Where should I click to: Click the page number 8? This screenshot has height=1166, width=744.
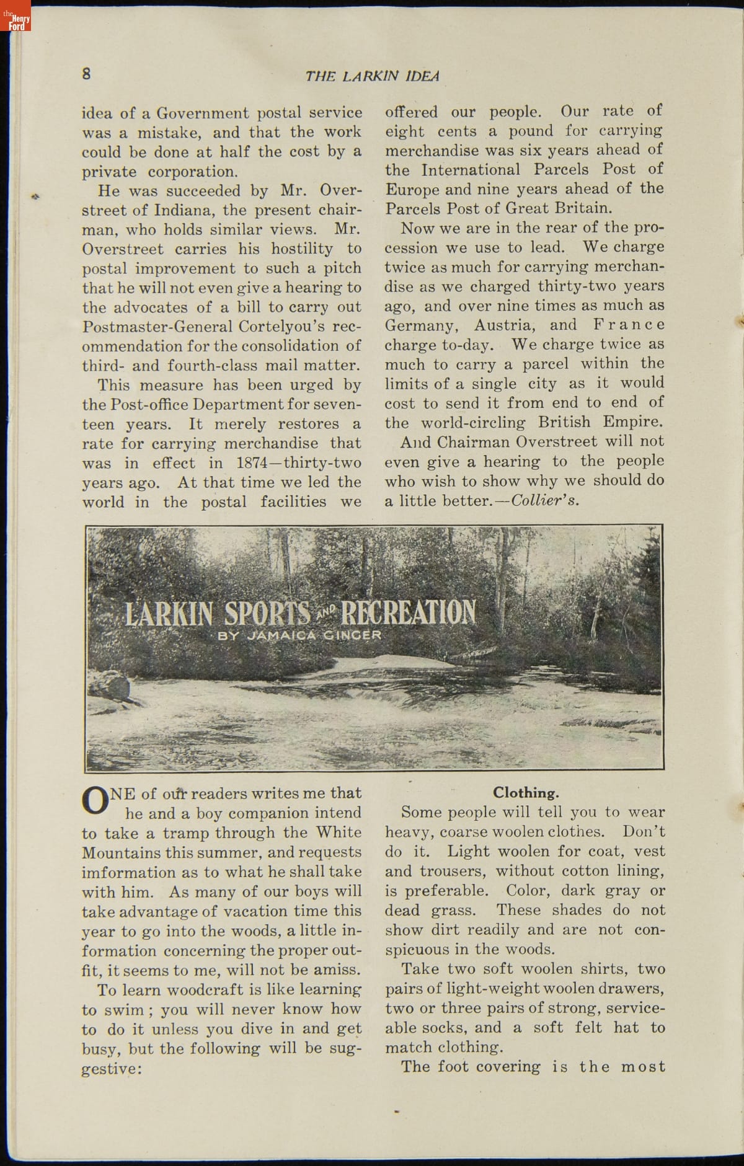tap(87, 73)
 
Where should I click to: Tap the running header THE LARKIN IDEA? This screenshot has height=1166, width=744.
tap(372, 76)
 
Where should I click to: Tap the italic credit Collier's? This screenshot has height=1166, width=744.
tap(546, 500)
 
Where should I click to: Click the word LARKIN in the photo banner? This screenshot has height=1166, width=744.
tap(169, 612)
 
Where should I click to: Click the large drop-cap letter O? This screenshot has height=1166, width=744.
tap(95, 802)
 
